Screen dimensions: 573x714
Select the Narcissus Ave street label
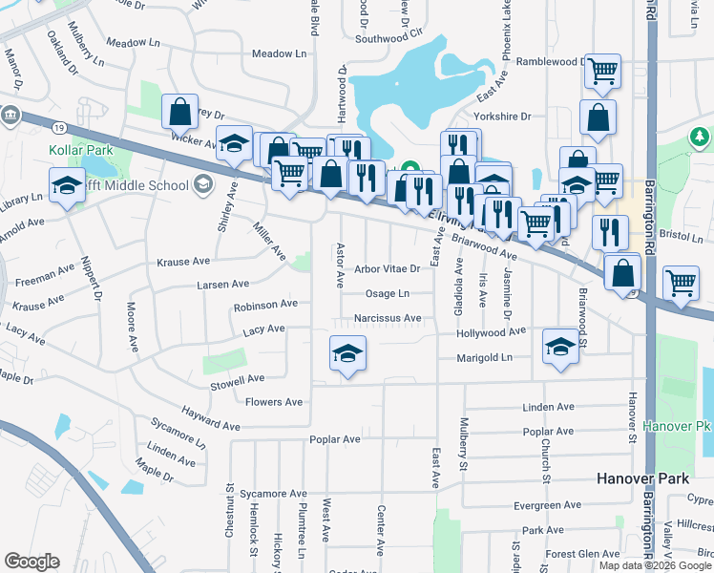click(x=387, y=318)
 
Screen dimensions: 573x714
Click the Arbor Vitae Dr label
click(x=388, y=269)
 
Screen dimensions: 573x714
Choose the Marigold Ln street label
click(x=485, y=357)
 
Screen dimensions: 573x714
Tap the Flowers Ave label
click(x=274, y=402)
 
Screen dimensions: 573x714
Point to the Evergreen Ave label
click(x=546, y=505)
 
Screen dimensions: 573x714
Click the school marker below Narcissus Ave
click(x=347, y=353)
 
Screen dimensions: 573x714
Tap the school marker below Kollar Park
click(x=66, y=184)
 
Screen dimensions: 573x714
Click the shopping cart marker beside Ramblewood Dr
click(x=602, y=70)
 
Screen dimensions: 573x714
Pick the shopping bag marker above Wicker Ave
click(x=179, y=112)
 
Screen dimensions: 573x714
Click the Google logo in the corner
click(x=31, y=562)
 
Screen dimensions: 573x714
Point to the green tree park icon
click(x=701, y=138)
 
